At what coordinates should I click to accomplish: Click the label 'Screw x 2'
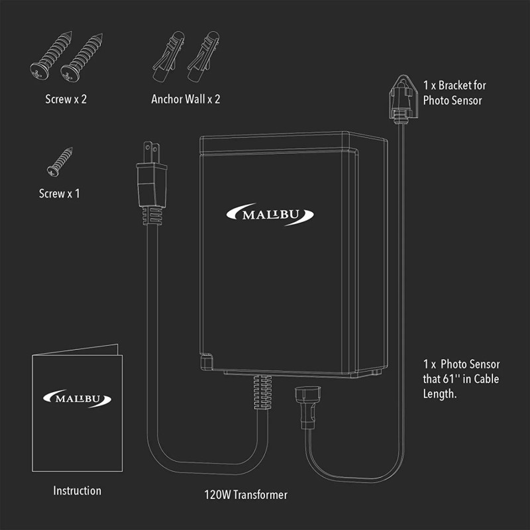66,99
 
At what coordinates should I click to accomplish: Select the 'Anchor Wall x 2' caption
185,99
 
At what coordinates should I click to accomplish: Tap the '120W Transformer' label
246,494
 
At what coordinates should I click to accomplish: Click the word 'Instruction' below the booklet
78,491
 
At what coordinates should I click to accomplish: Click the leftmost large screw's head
36,68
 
